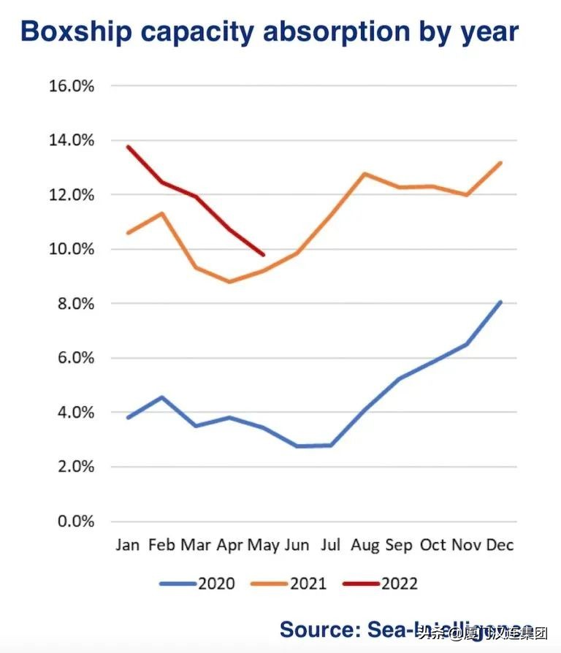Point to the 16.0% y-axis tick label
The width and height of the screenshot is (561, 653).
pos(72,85)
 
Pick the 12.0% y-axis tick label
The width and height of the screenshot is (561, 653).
pos(72,194)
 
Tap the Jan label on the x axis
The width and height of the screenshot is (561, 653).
pos(128,546)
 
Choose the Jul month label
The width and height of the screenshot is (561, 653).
pos(330,546)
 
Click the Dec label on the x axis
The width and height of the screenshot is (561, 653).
pos(500,546)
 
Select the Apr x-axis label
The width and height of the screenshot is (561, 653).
pos(229,546)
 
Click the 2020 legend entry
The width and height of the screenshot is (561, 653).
pos(197,583)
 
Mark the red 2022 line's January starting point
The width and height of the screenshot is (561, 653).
pos(129,147)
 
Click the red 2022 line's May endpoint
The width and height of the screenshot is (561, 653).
pos(264,255)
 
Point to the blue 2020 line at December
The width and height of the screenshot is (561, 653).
pos(500,302)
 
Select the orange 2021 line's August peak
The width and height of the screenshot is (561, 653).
pos(365,174)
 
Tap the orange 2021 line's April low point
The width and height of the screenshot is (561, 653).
pos(229,281)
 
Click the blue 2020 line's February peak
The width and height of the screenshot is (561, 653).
pos(162,397)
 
